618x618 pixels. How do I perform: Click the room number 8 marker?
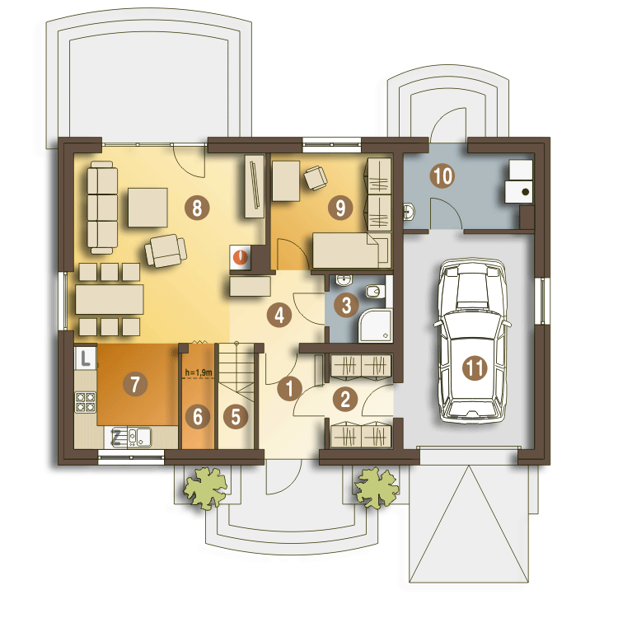[x=197, y=208]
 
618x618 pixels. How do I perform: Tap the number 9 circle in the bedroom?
[x=340, y=208]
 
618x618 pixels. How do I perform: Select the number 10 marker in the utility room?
[x=442, y=176]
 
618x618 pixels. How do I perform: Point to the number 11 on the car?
[x=475, y=368]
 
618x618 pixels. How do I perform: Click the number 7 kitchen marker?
[x=135, y=384]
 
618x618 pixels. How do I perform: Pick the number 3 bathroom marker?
[x=346, y=305]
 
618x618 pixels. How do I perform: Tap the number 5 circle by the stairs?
[x=236, y=416]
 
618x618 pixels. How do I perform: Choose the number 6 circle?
[x=198, y=416]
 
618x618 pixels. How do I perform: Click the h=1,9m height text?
[x=199, y=372]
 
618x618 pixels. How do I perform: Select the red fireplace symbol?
[x=241, y=257]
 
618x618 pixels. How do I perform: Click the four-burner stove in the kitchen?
[x=86, y=402]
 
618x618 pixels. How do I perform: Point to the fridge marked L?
[x=86, y=358]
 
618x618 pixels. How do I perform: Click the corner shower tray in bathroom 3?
[x=376, y=326]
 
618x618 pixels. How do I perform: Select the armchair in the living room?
[x=166, y=250]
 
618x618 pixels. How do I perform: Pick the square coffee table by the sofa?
[x=147, y=208]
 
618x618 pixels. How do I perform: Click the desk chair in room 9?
[x=316, y=178]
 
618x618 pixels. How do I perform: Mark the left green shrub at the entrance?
[x=206, y=488]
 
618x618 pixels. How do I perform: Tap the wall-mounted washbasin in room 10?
[x=409, y=212]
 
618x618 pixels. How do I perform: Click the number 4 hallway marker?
[x=279, y=315]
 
